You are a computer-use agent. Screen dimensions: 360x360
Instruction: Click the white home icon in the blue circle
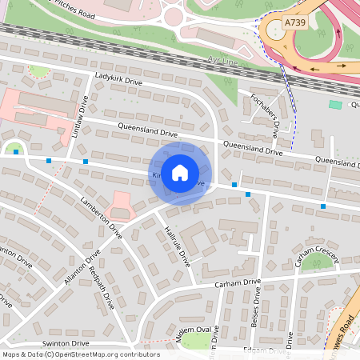pos(180,172)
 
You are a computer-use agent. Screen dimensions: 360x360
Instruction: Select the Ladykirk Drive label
pos(118,81)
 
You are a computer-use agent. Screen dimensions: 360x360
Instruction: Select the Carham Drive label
pos(238,283)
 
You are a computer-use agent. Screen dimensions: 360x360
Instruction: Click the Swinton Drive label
pos(67,342)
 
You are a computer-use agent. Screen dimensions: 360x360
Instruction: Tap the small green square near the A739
pos(334,105)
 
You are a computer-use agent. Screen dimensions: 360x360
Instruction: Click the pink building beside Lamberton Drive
pos(120,203)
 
